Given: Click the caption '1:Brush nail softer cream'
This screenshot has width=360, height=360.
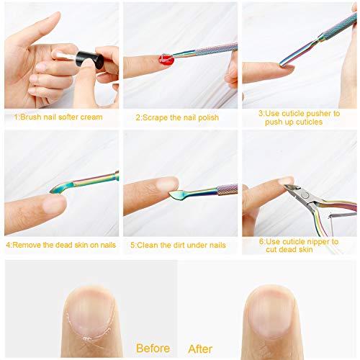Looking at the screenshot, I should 58,117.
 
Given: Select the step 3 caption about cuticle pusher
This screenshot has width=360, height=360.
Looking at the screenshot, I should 300,117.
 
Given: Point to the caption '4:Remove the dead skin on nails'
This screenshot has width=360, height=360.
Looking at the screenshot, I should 60,245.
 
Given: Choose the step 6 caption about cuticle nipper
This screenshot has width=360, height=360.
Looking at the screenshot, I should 300,246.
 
